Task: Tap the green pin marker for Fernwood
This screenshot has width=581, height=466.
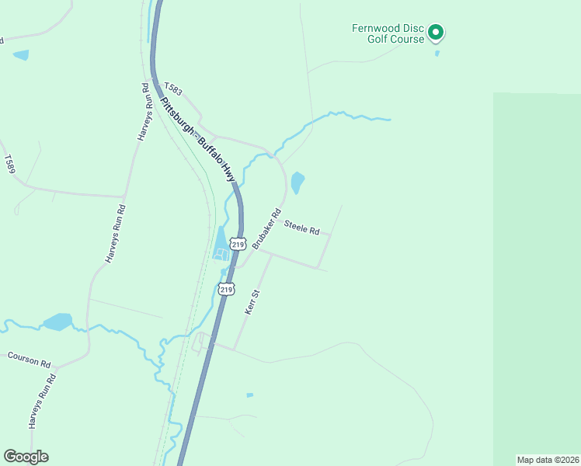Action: [x=436, y=32]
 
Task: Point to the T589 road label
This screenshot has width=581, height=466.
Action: [x=9, y=164]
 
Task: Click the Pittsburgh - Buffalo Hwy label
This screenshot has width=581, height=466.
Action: [x=197, y=139]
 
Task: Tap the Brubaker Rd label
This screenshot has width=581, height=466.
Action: [x=265, y=228]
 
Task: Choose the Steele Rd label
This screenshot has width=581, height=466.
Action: [x=302, y=228]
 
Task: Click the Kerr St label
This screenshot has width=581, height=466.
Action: [x=251, y=301]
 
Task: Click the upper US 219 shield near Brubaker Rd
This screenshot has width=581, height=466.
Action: [x=238, y=244]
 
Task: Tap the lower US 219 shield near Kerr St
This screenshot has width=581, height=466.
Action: [x=225, y=289]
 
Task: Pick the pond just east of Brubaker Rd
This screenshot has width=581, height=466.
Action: [x=297, y=183]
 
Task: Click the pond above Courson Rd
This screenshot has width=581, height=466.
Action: [x=57, y=322]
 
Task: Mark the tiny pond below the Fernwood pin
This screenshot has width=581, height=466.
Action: [x=437, y=54]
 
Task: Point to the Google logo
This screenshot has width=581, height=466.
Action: [x=26, y=457]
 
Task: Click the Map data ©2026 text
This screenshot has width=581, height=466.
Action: [x=548, y=460]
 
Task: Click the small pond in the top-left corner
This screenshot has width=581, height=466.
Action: [x=20, y=55]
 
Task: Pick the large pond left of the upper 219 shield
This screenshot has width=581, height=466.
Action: [x=220, y=244]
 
